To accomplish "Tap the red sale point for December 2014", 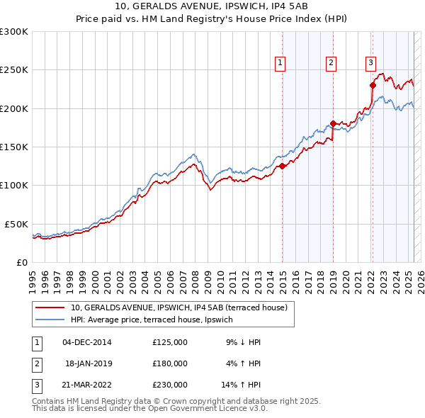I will pyautogui.click(x=282, y=166).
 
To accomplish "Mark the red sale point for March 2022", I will pyautogui.click(x=373, y=86).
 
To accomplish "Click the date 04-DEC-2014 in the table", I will pyautogui.click(x=87, y=342).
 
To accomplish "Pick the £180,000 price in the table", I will pyautogui.click(x=170, y=363).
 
